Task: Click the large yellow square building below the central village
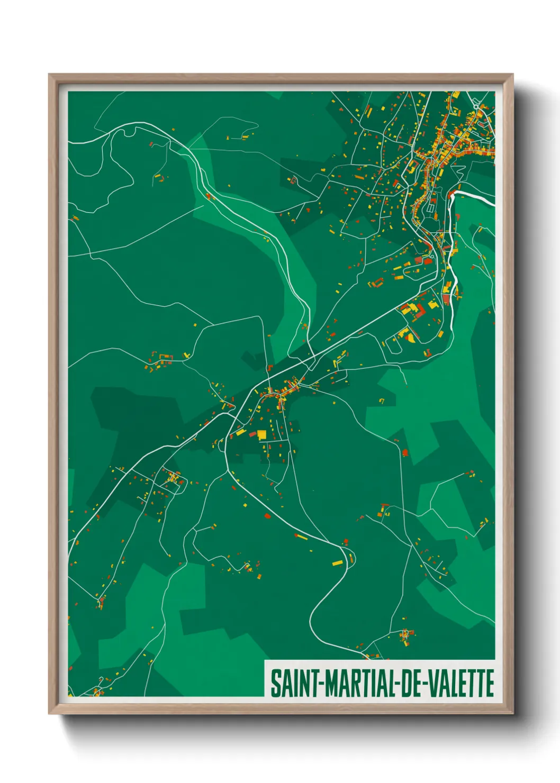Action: (261, 434)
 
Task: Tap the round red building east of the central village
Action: (405, 452)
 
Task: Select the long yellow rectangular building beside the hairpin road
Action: (338, 562)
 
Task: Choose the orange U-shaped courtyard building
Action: (376, 283)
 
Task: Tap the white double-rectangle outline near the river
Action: (430, 208)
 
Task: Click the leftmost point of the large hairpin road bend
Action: (310, 616)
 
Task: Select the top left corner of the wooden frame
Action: (49, 75)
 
